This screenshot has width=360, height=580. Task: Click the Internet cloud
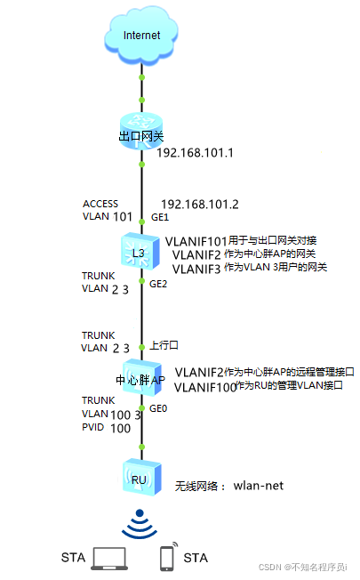pos(142,36)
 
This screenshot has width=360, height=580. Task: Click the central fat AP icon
pos(141,378)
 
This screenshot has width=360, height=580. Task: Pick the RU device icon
pos(141,477)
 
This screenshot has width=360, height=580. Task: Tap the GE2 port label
pos(158,285)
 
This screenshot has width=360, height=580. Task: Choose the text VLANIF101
pos(196,241)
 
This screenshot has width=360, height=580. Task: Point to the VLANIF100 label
pos(204,387)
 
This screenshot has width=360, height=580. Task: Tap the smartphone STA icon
pos(166,557)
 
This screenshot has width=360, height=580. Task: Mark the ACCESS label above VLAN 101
pos(100,204)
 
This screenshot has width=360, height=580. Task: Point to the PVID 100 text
pos(100,429)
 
